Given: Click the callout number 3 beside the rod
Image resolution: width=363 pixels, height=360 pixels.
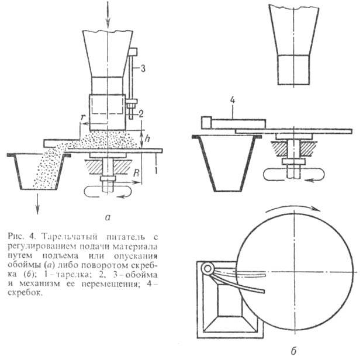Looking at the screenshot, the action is tap(143, 68).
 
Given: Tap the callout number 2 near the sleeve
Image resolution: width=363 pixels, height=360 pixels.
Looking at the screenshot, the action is tap(141, 113).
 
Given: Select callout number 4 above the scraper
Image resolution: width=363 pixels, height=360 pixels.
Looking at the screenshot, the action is tap(233, 101).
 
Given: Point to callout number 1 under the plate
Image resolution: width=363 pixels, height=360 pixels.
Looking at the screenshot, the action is tap(156, 171).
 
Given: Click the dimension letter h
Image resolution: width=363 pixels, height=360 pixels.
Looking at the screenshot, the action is tap(147, 138).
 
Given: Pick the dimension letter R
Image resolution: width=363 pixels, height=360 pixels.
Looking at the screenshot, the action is tap(137, 173).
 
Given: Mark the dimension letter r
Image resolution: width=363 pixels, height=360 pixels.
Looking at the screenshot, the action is tap(82, 117).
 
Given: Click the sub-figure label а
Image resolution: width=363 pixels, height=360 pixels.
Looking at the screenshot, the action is tap(108, 217).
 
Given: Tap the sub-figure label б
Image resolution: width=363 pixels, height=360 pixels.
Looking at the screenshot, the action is tap(293, 351).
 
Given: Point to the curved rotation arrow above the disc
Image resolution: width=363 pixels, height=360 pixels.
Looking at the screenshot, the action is tap(293, 207).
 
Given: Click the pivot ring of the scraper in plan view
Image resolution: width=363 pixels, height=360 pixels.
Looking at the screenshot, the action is tap(208, 269).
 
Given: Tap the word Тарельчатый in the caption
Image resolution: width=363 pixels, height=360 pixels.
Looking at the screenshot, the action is tap(69, 237).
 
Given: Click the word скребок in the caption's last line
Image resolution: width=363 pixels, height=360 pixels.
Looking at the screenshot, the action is tap(25, 293).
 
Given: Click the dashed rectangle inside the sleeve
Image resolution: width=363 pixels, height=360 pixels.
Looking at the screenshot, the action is tap(108, 105).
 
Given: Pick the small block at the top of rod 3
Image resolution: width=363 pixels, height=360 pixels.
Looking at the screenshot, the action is tap(133, 52).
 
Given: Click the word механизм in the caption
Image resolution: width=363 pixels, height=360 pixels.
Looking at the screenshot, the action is tap(40, 284).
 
